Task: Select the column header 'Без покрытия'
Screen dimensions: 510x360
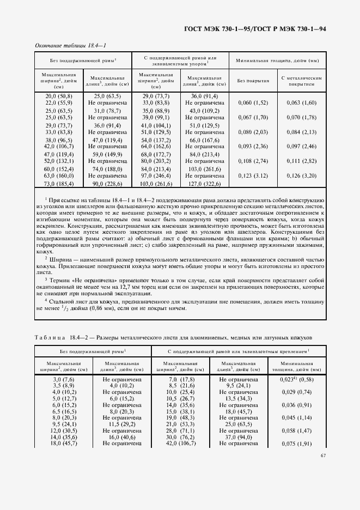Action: pyautogui.click(x=254, y=80)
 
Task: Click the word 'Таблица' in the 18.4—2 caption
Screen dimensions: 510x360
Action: pyautogui.click(x=50, y=337)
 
